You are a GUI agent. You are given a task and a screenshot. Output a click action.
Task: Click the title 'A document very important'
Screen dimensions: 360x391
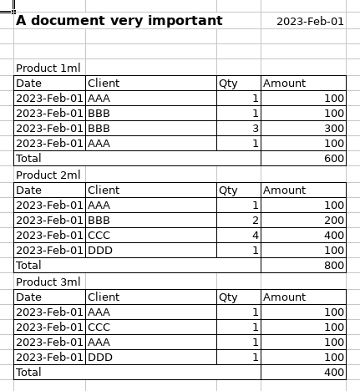[119, 21]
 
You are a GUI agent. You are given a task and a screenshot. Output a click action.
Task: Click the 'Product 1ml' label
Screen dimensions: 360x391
[48, 69]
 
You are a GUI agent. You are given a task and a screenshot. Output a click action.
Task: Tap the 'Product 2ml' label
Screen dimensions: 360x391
[48, 175]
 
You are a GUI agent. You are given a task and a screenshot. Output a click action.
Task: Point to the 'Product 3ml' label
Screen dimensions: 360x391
[48, 282]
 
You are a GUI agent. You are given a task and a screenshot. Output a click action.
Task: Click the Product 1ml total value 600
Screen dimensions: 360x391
[334, 159]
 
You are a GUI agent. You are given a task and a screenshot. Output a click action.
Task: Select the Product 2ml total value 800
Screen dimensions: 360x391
[334, 266]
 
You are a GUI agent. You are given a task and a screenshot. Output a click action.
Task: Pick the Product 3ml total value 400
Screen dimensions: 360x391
[334, 373]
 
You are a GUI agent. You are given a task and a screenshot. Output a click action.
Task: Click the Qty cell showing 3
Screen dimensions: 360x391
[256, 129]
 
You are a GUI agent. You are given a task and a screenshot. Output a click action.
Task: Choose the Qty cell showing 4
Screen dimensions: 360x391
[256, 236]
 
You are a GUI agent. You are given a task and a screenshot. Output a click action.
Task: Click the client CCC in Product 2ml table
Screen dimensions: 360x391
[99, 236]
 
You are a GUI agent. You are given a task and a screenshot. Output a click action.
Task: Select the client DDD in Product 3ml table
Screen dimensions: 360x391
[99, 358]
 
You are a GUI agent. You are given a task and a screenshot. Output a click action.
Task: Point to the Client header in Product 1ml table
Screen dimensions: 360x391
[104, 84]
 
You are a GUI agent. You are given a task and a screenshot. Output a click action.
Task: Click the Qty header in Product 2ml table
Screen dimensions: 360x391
[228, 190]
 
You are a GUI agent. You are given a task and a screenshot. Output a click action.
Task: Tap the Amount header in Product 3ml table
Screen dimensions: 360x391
[285, 297]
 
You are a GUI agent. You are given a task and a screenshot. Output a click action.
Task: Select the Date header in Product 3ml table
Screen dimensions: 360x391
[28, 297]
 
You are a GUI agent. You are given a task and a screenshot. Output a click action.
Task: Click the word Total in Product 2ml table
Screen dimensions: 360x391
[28, 266]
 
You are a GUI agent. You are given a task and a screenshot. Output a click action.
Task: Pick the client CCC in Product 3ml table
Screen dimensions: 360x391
[99, 328]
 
